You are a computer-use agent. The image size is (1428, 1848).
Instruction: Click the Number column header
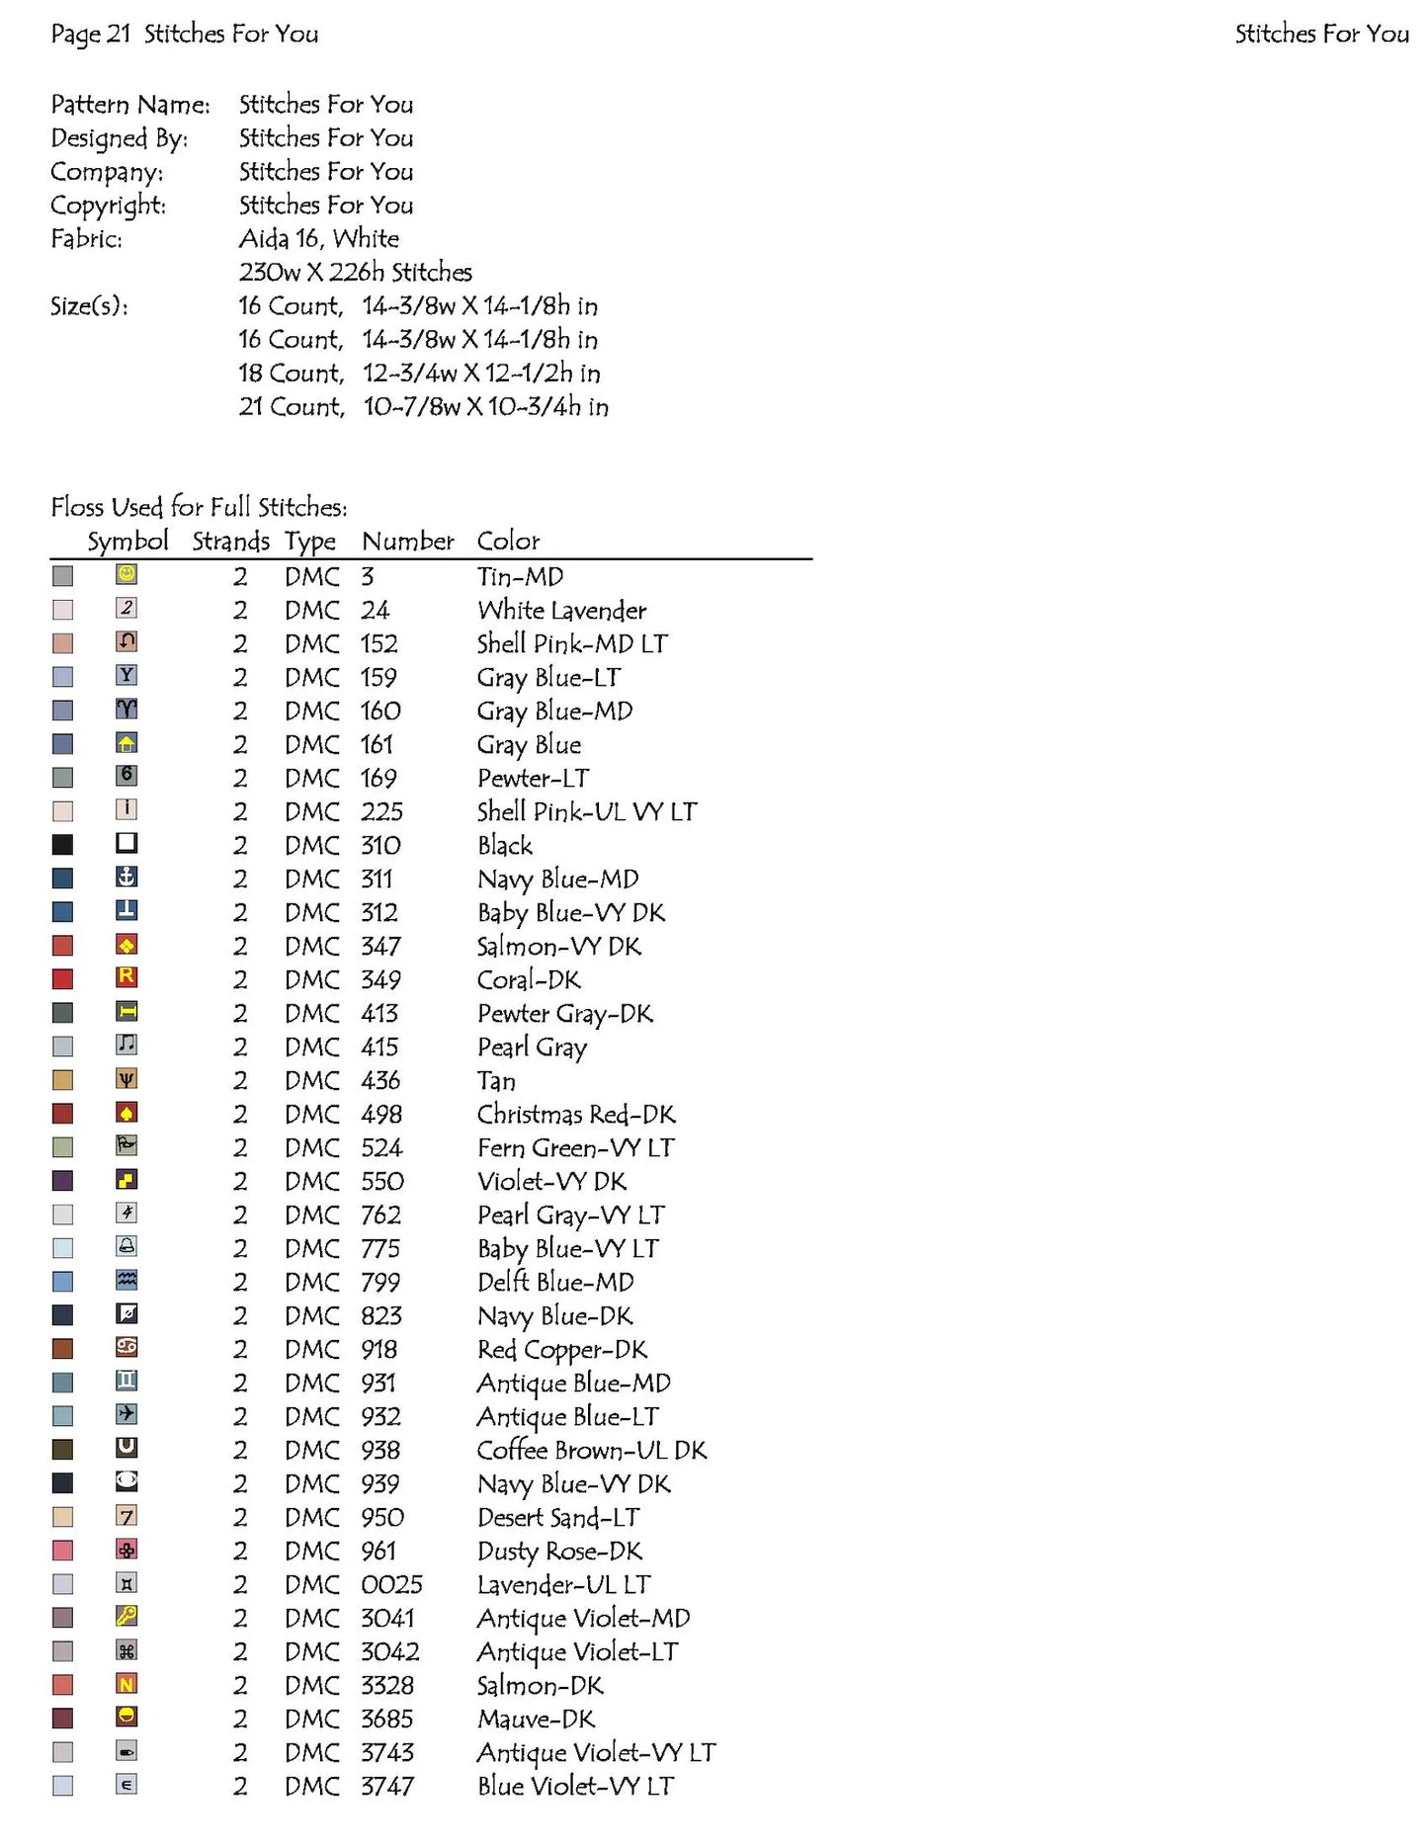point(407,542)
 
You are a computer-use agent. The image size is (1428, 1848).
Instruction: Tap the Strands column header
point(230,542)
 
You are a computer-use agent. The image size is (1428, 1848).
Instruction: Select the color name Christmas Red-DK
point(576,1115)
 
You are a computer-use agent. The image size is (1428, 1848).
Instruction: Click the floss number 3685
point(386,1720)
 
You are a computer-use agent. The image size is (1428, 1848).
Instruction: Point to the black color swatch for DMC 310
point(62,845)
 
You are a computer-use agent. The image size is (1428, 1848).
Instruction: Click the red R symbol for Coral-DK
point(126,977)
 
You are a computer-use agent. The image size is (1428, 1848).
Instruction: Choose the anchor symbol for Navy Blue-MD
point(126,877)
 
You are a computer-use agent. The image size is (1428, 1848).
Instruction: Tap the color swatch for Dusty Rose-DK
point(62,1551)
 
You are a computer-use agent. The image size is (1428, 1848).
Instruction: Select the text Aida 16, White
point(319,239)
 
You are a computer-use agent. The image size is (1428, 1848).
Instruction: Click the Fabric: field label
point(87,239)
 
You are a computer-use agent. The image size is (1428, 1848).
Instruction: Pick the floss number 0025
point(391,1585)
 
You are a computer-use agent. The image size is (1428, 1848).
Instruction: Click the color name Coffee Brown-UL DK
point(591,1451)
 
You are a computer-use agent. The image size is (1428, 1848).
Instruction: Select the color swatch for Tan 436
point(62,1080)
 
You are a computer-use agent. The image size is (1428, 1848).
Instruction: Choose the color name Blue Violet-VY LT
point(575,1787)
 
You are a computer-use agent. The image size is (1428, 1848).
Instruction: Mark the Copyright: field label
point(109,206)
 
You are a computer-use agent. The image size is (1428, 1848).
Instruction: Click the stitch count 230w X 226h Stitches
point(356,273)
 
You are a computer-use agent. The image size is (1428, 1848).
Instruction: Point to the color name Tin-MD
point(520,577)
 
